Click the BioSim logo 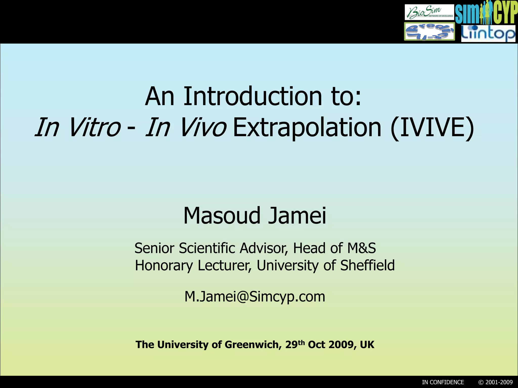pos(429,12)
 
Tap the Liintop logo pos(488,33)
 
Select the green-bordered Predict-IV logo pos(429,32)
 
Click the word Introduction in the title pos(253,96)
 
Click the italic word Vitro pos(95,128)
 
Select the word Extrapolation pos(307,128)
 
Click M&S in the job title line pos(361,248)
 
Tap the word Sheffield pos(367,265)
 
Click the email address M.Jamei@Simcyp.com pos(255,297)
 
